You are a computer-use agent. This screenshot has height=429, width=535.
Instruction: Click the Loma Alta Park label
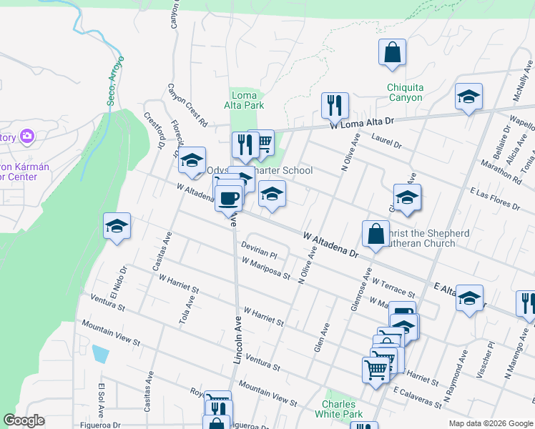(245, 99)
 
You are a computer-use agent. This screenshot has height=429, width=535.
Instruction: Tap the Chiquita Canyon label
(405, 92)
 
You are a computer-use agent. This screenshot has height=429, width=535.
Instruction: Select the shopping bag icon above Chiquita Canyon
(393, 53)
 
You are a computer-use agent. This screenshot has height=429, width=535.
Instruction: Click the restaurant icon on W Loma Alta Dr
(334, 106)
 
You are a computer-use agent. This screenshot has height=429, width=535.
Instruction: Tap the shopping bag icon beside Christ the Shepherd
(376, 233)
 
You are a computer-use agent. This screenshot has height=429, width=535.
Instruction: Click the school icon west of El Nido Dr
(117, 227)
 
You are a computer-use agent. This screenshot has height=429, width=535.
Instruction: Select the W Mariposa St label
(266, 269)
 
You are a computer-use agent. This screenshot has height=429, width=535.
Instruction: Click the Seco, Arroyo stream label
(115, 80)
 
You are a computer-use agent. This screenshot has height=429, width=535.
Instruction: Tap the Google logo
(24, 421)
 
